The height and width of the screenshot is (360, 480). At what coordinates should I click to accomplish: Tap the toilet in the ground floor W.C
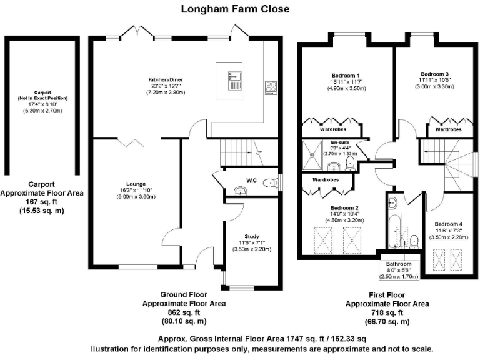click(x=269, y=183)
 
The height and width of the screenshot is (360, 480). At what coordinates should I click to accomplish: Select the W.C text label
click(x=252, y=181)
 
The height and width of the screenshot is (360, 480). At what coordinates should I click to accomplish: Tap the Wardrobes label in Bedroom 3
click(x=448, y=129)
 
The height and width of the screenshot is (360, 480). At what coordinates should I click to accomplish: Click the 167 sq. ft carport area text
click(x=42, y=202)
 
